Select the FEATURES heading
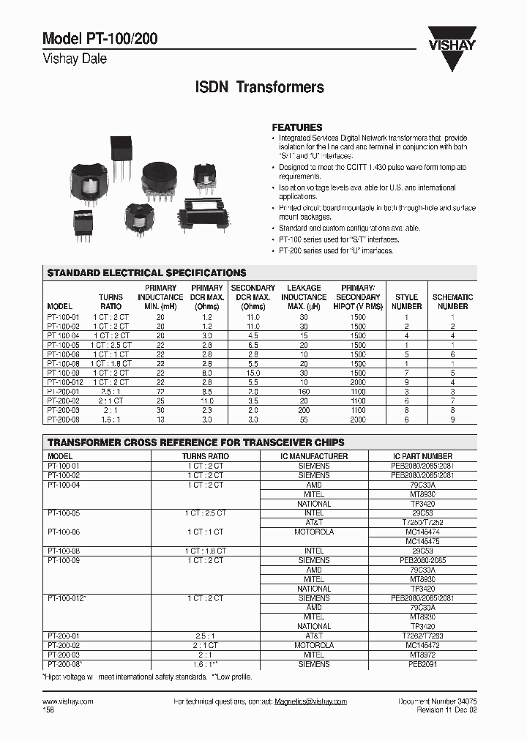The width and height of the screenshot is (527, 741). click(x=297, y=127)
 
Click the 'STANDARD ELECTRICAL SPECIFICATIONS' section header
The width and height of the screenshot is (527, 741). click(x=146, y=272)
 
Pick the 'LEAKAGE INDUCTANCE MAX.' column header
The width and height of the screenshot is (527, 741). click(x=304, y=297)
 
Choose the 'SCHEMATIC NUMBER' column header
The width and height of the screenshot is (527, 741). click(x=452, y=302)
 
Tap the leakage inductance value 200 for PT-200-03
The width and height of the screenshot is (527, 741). click(x=304, y=411)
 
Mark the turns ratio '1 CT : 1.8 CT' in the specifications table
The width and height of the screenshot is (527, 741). click(x=111, y=363)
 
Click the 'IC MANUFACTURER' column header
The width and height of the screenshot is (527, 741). click(x=314, y=456)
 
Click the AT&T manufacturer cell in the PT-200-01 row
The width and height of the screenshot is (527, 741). click(x=314, y=636)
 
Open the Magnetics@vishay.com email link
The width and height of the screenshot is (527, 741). click(x=310, y=701)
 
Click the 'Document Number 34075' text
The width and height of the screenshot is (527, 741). click(x=437, y=701)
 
